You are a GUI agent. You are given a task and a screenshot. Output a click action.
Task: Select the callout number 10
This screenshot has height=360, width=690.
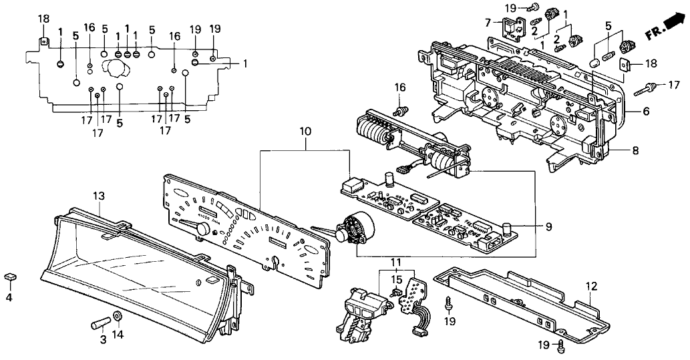click(305, 132)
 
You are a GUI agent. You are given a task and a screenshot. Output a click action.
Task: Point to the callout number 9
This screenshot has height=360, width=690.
click(548, 227)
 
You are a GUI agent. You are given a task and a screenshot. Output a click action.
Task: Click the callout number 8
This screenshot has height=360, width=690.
click(635, 151)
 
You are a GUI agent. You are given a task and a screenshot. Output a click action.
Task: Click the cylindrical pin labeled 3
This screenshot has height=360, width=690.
click(100, 325)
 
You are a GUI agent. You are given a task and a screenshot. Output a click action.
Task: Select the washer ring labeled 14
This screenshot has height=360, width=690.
click(118, 315)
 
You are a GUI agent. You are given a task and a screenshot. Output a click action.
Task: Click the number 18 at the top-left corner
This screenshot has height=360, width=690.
click(43, 19)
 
